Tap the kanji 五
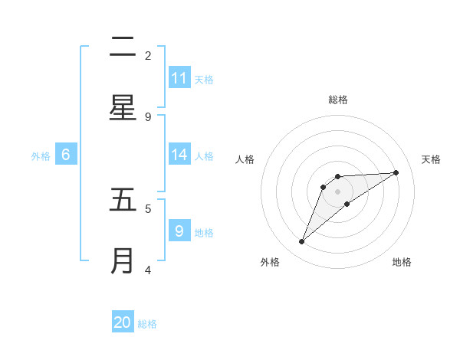(123, 200)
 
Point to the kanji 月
(123, 260)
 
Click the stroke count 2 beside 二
(148, 56)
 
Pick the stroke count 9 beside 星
(148, 116)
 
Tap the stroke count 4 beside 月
(148, 270)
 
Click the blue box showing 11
(179, 78)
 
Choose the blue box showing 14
(179, 155)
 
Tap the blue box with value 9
(179, 231)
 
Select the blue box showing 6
(66, 155)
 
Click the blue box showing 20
(123, 322)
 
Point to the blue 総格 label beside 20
(147, 324)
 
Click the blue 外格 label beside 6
(41, 156)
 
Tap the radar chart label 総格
(338, 100)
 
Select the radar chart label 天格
(432, 159)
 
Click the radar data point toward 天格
(396, 172)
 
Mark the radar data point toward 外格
(302, 242)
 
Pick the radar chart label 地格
(402, 262)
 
